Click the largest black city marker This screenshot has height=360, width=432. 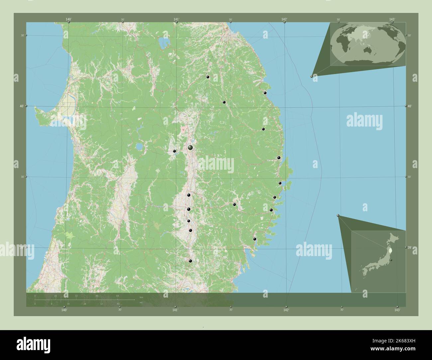190,147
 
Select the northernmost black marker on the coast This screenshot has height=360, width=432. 265,33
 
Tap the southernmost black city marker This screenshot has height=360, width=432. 190,261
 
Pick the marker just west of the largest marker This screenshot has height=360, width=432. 174,151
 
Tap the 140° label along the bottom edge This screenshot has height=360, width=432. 64,310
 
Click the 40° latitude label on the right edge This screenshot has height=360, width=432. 410,106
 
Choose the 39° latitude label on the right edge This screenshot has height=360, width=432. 409,247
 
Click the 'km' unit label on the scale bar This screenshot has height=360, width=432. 141,297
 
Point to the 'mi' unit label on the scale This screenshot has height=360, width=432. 141,303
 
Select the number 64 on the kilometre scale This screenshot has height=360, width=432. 118,296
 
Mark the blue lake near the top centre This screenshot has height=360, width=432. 163,42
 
